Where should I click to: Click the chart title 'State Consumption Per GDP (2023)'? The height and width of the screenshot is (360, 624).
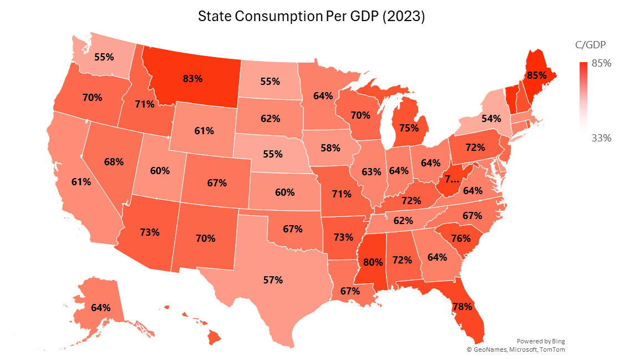[312, 17]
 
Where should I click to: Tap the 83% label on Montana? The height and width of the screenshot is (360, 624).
[192, 78]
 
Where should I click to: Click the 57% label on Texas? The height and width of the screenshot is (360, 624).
[273, 280]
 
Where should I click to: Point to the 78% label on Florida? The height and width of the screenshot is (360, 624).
[463, 306]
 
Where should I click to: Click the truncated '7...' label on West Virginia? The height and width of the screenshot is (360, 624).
[454, 179]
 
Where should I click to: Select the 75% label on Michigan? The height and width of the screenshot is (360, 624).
[409, 127]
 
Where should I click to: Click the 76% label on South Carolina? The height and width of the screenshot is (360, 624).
[460, 239]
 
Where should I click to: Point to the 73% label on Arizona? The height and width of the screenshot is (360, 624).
[150, 232]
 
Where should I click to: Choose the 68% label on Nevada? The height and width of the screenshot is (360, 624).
[113, 162]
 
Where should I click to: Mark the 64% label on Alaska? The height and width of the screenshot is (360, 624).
[100, 307]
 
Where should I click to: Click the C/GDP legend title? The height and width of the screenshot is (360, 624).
[590, 44]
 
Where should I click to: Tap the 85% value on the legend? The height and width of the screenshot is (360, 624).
[602, 63]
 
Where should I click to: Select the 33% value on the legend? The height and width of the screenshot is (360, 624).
[602, 138]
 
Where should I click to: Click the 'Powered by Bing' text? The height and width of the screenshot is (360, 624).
[541, 341]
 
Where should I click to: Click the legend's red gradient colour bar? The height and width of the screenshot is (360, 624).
[583, 97]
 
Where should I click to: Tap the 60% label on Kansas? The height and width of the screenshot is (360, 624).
[285, 192]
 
